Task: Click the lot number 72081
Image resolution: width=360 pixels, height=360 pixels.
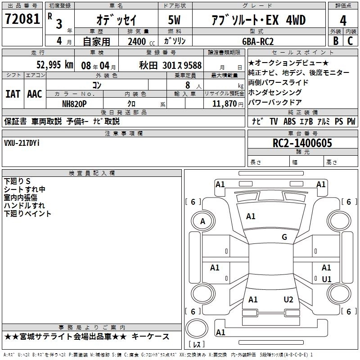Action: pos(22,19)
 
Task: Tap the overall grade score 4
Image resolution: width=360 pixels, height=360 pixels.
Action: pos(343,20)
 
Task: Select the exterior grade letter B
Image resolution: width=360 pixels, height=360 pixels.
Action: pos(336,41)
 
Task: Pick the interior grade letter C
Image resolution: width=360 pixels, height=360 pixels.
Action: pos(350,41)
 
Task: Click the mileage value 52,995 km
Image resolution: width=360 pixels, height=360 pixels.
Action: pos(55,65)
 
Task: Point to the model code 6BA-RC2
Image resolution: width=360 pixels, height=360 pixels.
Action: pos(258,41)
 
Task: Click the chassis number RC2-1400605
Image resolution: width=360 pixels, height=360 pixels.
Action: pos(302,143)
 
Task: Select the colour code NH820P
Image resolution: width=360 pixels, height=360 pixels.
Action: pos(74,104)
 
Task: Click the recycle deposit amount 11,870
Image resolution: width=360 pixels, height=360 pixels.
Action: pos(224,104)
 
